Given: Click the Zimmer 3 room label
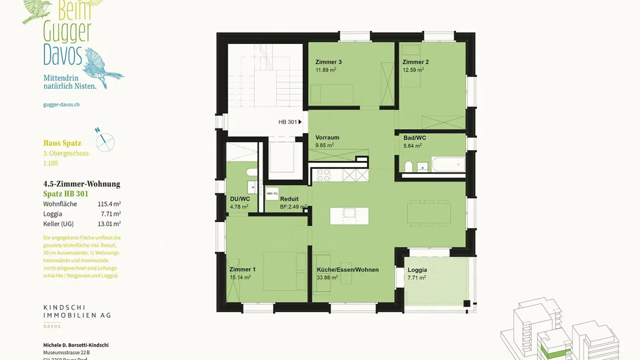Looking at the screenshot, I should click(328, 62).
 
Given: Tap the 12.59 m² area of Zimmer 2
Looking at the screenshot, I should click(413, 70).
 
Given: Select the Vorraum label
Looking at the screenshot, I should click(327, 137).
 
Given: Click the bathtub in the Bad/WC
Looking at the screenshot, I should click(448, 165).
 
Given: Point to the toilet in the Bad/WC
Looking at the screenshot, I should click(408, 167).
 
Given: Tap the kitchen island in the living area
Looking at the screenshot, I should click(349, 216).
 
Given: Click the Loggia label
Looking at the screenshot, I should click(417, 270).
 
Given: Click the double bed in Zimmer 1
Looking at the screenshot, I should click(283, 271).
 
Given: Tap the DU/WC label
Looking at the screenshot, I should click(240, 199).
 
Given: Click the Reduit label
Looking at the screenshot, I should click(289, 199).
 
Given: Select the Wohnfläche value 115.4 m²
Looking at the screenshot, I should click(109, 204).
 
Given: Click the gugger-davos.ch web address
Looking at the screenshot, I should click(61, 104).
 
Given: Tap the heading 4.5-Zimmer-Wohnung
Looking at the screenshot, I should click(82, 184).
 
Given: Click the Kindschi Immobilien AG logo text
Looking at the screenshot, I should click(77, 311).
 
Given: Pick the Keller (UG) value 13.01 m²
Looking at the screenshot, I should click(109, 224).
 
